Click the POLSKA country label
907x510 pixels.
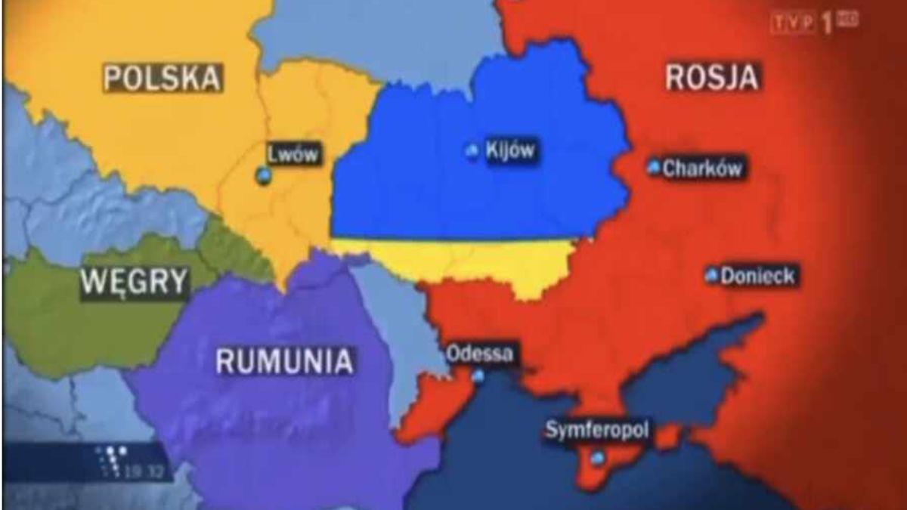click(163, 78)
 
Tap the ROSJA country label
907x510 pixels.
click(711, 77)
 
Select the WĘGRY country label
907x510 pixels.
click(135, 282)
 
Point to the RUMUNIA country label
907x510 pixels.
click(284, 361)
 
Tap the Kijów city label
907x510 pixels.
click(510, 150)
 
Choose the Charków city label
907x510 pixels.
click(702, 168)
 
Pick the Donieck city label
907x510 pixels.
click(757, 276)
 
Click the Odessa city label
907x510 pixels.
click(479, 353)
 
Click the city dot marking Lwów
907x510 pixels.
click(263, 177)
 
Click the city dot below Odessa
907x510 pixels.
click(478, 376)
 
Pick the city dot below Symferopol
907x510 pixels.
click(598, 457)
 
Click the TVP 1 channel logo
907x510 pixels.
click(813, 23)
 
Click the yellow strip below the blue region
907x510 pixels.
click(469, 261)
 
